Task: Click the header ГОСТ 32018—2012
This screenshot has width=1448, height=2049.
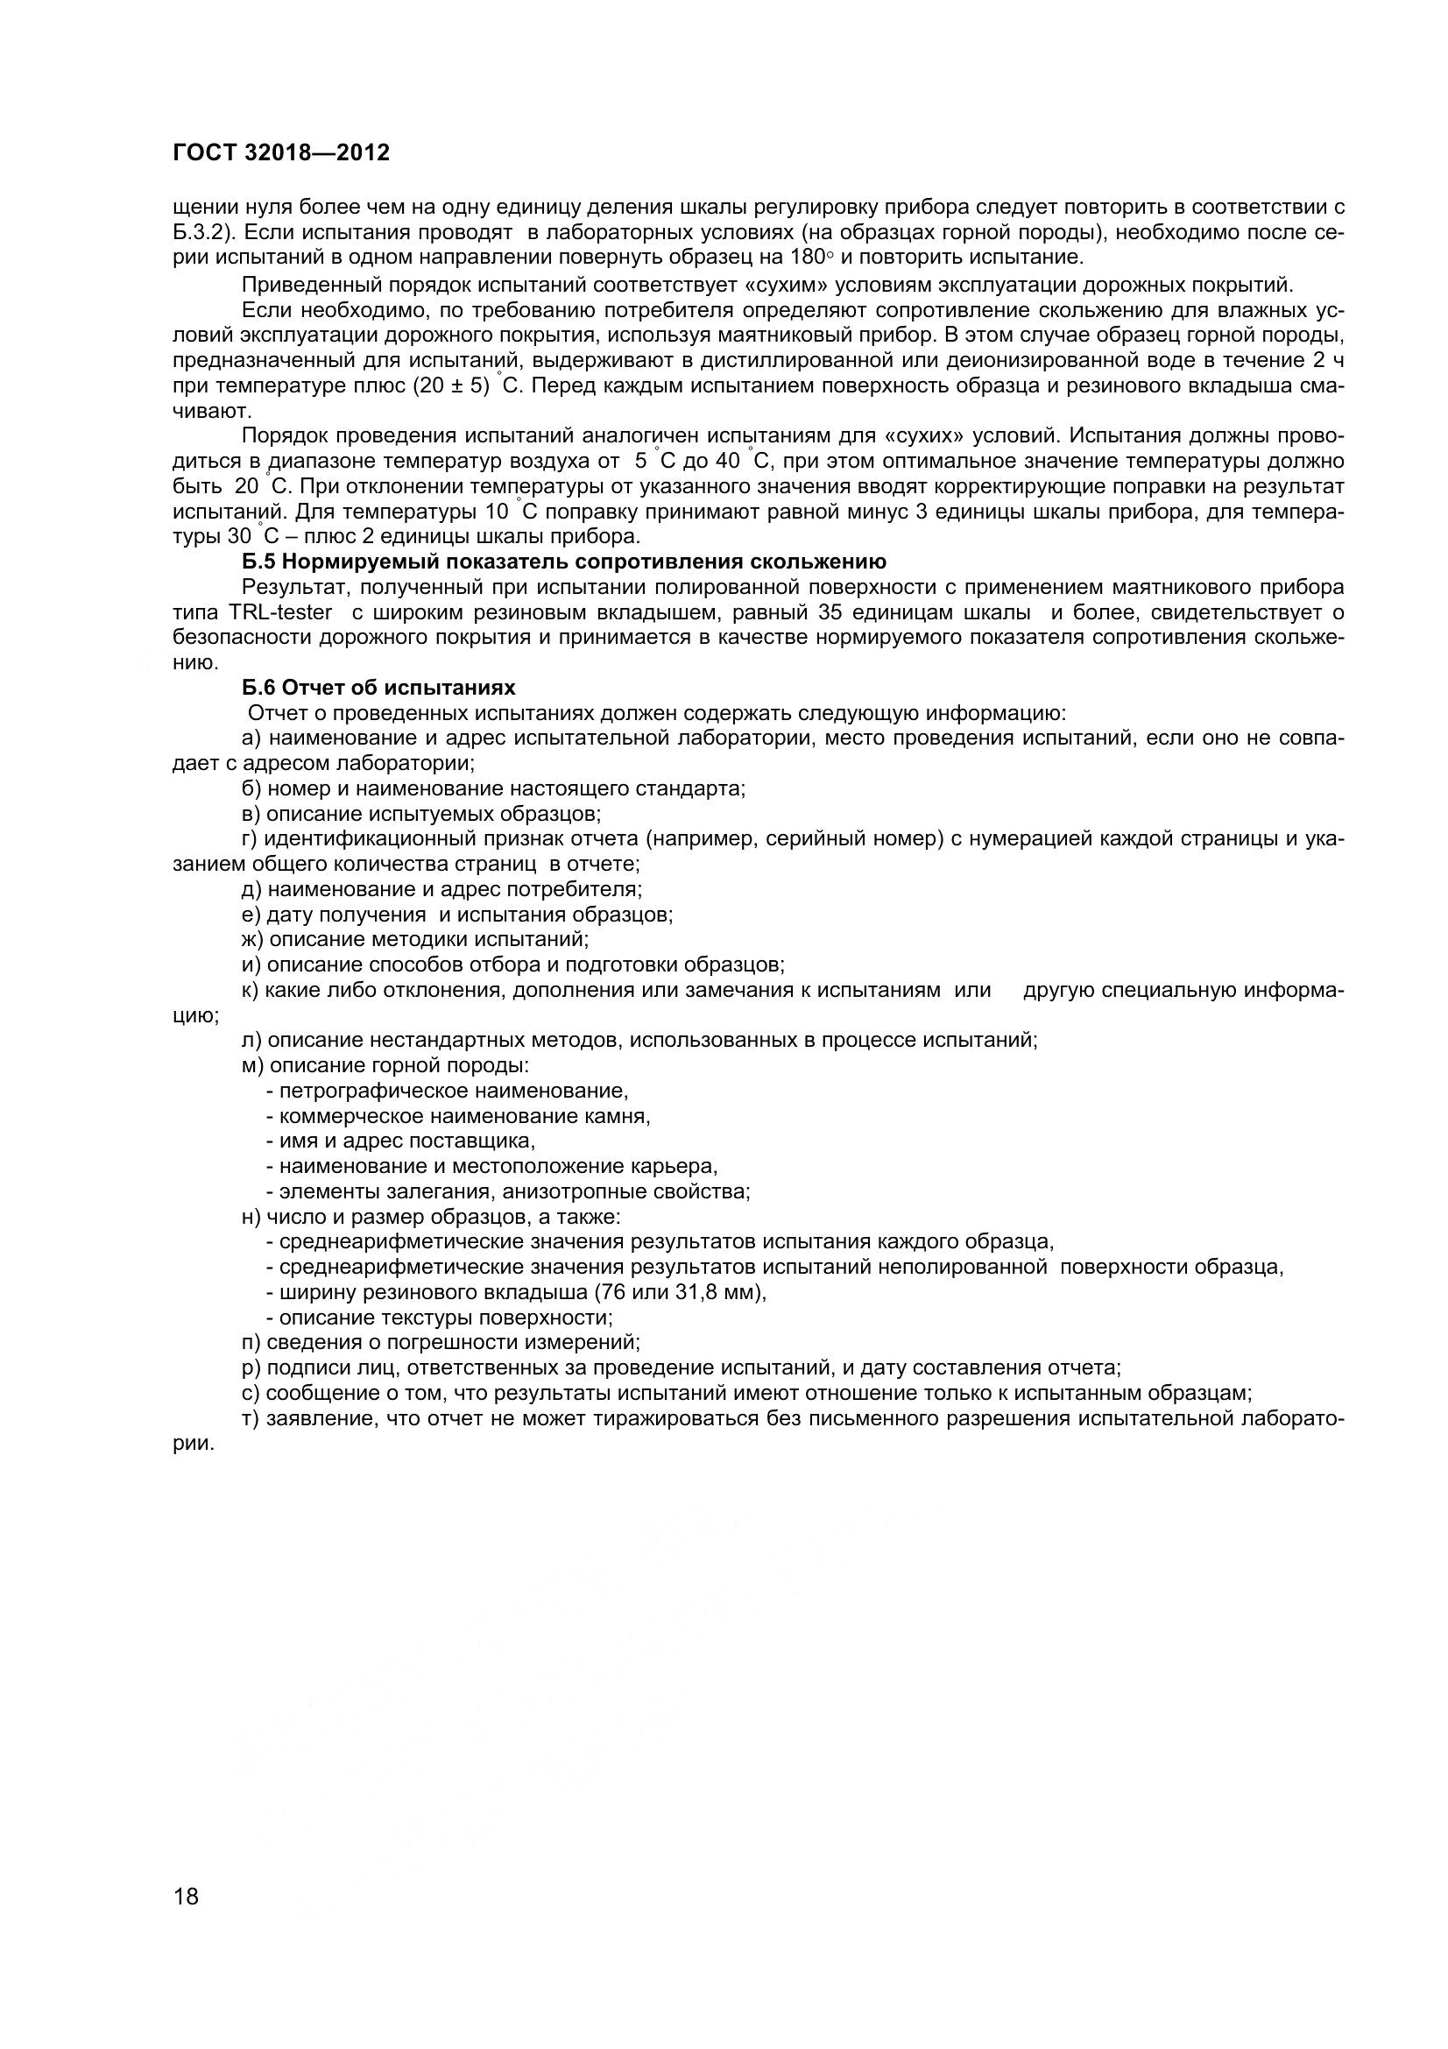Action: point(281,152)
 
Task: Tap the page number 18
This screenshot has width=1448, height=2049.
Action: point(187,1921)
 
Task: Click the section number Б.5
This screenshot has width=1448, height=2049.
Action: point(258,562)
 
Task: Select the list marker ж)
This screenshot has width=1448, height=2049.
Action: point(253,940)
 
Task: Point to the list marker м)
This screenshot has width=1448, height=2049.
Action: point(253,1065)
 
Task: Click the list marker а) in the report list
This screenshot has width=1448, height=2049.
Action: point(251,738)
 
